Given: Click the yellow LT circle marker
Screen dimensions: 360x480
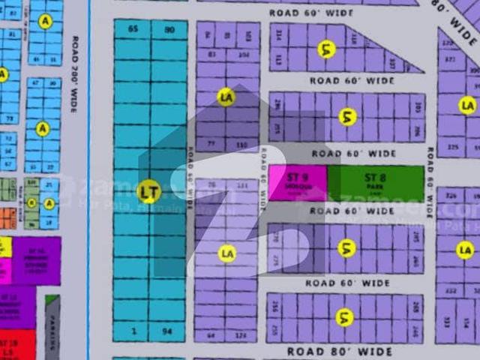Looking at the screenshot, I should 149,192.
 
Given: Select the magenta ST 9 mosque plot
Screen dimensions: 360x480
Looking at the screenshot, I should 298,182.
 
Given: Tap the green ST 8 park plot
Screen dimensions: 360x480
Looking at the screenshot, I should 375,182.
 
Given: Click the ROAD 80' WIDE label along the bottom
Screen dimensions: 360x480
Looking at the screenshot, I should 340,350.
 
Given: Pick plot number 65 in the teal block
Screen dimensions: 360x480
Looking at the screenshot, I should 133,29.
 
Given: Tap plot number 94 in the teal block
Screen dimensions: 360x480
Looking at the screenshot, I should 168,331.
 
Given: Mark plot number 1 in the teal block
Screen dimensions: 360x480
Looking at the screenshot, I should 133,331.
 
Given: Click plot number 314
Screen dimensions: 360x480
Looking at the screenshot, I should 279,34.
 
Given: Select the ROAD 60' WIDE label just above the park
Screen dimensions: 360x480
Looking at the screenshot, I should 352,154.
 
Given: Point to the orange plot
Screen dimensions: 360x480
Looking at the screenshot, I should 6,218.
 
